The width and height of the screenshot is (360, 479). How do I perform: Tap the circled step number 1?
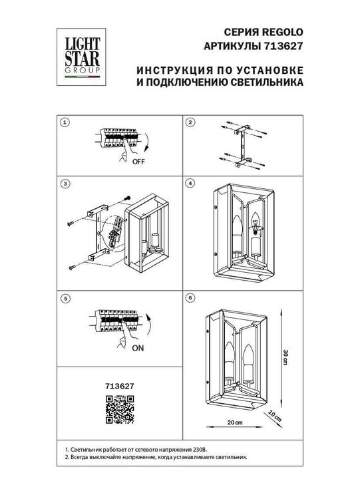(65, 123)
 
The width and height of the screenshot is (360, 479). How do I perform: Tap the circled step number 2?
(190, 123)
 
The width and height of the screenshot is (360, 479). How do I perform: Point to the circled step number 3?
(65, 183)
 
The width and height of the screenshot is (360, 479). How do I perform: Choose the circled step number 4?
(190, 183)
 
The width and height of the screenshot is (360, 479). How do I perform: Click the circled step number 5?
(65, 299)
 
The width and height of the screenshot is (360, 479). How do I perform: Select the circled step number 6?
(190, 299)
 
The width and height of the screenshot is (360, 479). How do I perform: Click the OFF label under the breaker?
(138, 162)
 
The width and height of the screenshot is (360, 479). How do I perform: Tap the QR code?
(120, 408)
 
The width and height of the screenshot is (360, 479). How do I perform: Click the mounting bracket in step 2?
(241, 144)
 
